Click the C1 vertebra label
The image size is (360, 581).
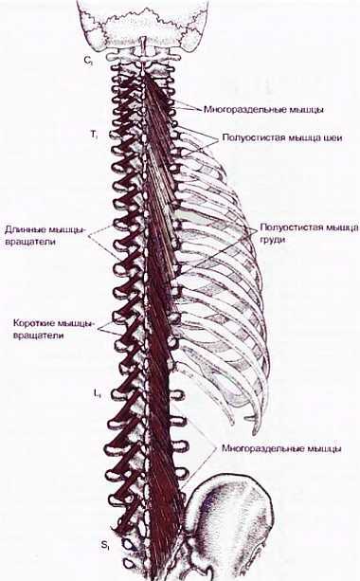[87, 60]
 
